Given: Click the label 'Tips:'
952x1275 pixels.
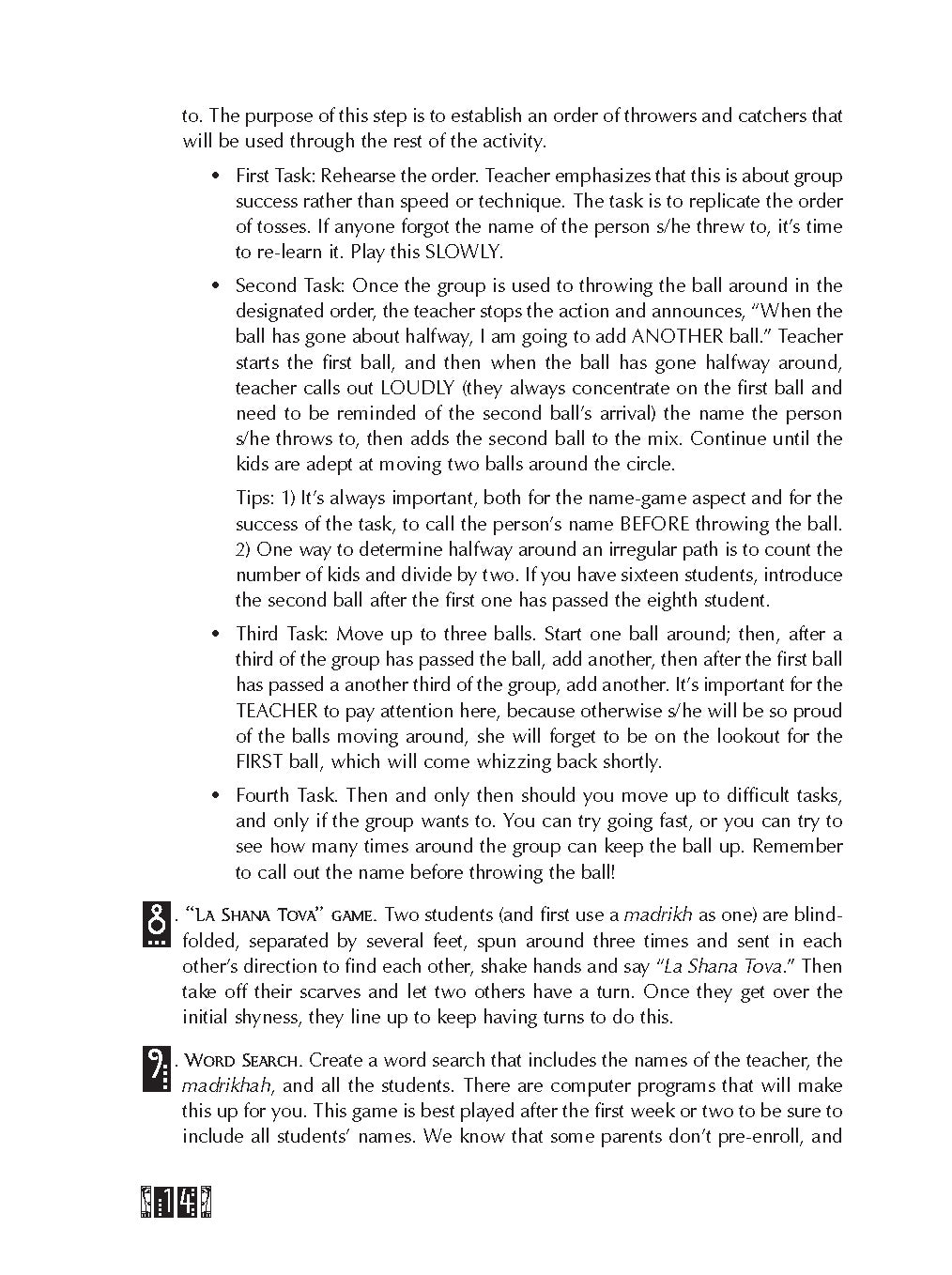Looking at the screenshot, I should [256, 498].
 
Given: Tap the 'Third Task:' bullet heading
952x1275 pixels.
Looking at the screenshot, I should [282, 634].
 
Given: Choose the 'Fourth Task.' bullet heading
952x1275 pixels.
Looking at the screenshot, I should [287, 795].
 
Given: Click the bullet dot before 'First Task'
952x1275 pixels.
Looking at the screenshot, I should [216, 177].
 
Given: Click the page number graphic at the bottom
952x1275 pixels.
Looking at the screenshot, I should [176, 1203].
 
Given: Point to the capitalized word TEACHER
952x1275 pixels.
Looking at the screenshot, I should [278, 711].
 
